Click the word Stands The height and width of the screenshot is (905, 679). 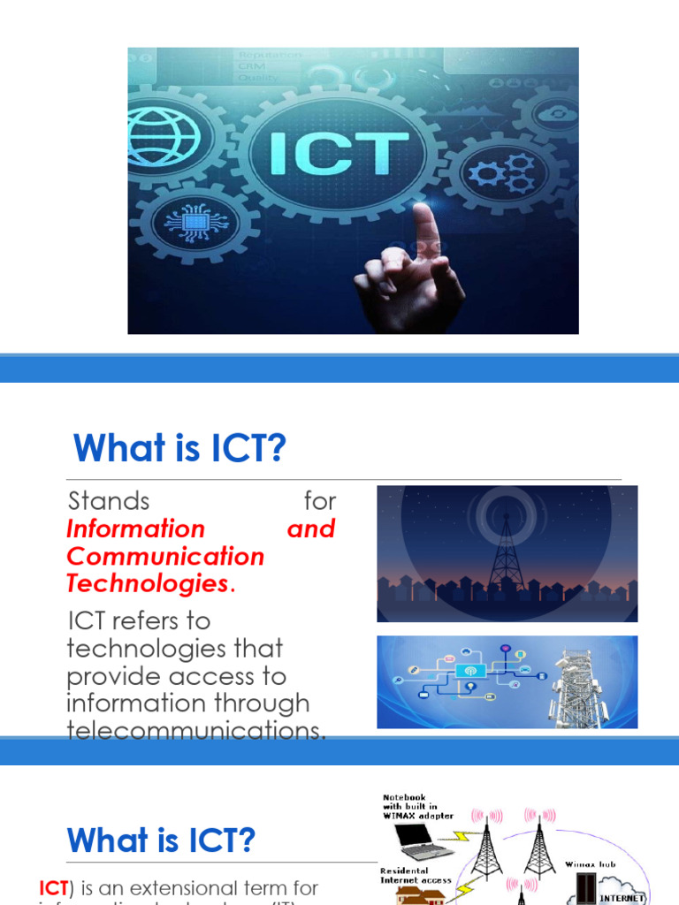point(109,501)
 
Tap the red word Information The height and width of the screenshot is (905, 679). point(135,529)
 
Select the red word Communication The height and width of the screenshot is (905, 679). point(165,556)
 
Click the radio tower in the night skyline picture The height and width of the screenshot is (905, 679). point(507,551)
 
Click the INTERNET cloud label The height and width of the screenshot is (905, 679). point(623,896)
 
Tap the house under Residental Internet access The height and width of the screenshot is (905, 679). point(412,897)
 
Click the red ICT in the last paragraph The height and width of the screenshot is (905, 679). point(54,887)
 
